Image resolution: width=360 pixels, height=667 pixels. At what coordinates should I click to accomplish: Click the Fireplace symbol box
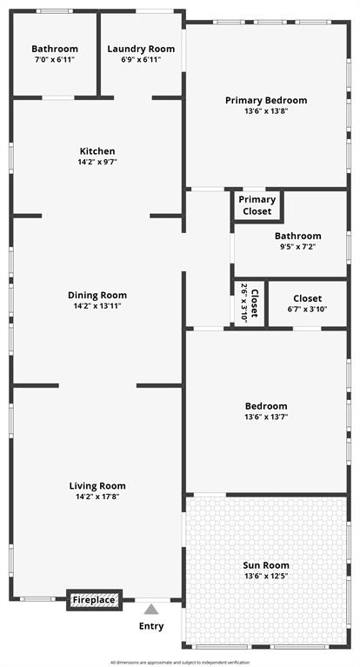pos(94,600)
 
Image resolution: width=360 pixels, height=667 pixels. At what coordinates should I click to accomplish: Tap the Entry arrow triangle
pos(151,610)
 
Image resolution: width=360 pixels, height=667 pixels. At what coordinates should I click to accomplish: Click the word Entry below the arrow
pos(151,626)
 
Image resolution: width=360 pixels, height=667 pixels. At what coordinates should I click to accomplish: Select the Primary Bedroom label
pos(266,100)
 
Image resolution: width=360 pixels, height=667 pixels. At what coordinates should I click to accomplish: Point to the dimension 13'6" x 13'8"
pos(266,111)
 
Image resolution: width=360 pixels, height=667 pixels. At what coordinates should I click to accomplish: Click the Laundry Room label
pos(141,49)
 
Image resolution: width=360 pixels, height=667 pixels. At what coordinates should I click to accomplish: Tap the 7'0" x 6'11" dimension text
pos(55,60)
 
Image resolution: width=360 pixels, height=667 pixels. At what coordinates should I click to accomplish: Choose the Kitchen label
pos(97,151)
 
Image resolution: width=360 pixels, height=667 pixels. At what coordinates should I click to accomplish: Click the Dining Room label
pos(97,295)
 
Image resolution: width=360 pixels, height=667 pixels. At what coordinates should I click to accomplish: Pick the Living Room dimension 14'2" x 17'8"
pos(97,497)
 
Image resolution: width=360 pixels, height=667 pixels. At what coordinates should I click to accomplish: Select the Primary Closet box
pos(257,205)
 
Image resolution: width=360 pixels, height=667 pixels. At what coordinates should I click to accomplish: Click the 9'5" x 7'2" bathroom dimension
pos(297,247)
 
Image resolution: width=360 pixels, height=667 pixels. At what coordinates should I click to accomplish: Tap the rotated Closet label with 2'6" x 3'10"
pos(250,303)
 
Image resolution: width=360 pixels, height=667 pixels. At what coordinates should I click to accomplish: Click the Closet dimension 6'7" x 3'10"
pos(307,310)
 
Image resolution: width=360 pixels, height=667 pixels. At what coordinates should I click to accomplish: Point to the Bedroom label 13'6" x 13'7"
pos(266,406)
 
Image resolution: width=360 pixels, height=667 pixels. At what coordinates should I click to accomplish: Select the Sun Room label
pos(266,564)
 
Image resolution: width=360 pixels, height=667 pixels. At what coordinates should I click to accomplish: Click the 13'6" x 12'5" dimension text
pos(266,576)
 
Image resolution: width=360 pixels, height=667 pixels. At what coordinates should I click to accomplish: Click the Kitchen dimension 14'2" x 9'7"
pos(97,163)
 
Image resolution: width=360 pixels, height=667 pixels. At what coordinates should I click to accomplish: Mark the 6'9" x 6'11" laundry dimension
pos(141,60)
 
